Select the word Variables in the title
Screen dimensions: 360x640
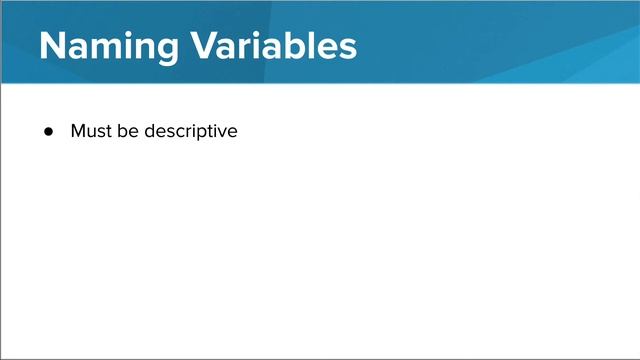pyautogui.click(x=269, y=45)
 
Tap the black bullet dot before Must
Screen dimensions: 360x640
pyautogui.click(x=47, y=132)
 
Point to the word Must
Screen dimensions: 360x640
pyautogui.click(x=90, y=131)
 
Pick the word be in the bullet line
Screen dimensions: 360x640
pyautogui.click(x=127, y=131)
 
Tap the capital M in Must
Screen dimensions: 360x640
pyautogui.click(x=78, y=131)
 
